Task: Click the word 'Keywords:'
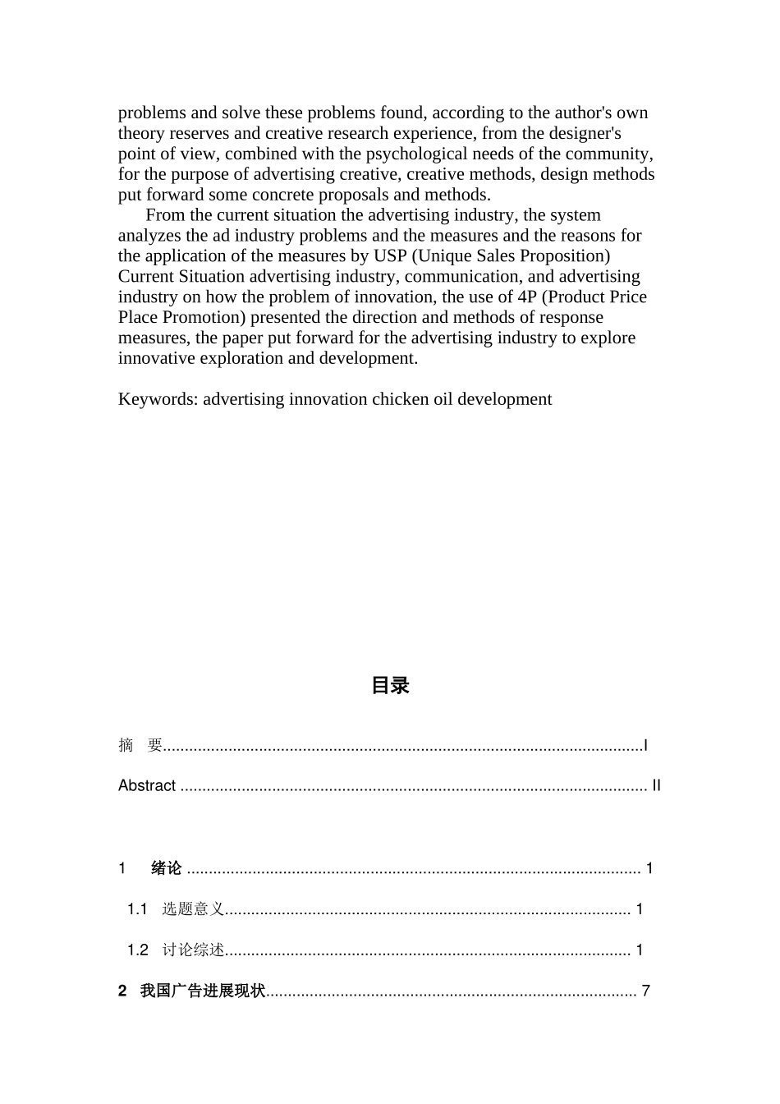pyautogui.click(x=158, y=399)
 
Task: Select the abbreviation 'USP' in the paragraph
pyautogui.click(x=390, y=255)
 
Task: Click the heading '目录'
pyautogui.click(x=390, y=686)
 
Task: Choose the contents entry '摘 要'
pyautogui.click(x=140, y=745)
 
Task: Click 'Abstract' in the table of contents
pyautogui.click(x=147, y=785)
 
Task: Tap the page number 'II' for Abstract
pyautogui.click(x=656, y=785)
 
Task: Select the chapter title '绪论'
pyautogui.click(x=167, y=868)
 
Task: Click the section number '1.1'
pyautogui.click(x=137, y=909)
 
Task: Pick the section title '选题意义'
pyautogui.click(x=193, y=909)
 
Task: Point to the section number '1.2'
pyautogui.click(x=137, y=950)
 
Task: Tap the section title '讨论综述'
pyautogui.click(x=193, y=950)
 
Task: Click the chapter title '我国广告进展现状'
pyautogui.click(x=203, y=991)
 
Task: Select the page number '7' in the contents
pyautogui.click(x=646, y=991)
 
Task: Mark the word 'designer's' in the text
pyautogui.click(x=584, y=133)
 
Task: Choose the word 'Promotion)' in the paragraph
pyautogui.click(x=204, y=317)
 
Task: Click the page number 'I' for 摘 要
pyautogui.click(x=646, y=745)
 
